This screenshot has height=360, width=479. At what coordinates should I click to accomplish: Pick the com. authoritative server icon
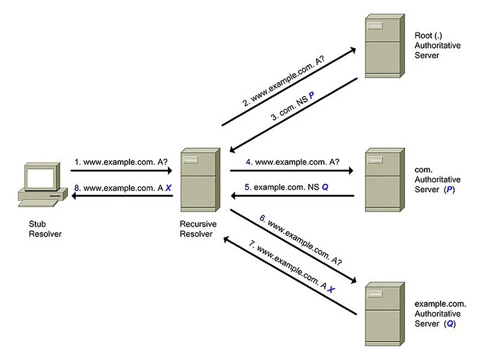[x=384, y=179]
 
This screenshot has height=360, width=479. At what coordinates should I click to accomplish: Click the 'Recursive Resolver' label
[x=199, y=229]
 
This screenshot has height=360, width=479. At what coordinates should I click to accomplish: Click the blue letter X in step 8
[x=168, y=188]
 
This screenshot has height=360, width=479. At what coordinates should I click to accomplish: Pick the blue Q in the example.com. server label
[x=451, y=324]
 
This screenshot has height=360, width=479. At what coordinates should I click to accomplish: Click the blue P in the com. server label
[x=450, y=190]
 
